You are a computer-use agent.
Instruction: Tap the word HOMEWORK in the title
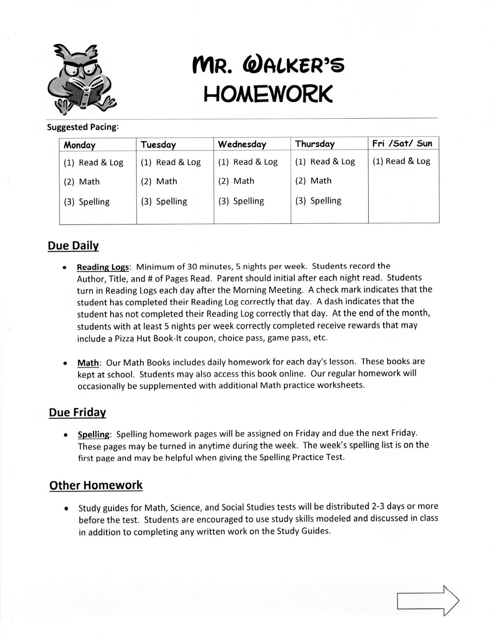coord(268,94)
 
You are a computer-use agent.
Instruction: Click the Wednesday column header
coord(242,144)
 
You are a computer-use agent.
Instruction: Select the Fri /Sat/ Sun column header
coord(402,143)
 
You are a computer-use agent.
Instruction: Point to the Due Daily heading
coord(73,246)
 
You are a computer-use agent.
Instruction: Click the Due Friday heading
coord(77,412)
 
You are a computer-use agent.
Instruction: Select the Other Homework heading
coord(96,485)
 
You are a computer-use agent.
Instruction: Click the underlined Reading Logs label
coord(103,267)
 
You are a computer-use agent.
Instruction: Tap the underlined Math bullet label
coord(88,363)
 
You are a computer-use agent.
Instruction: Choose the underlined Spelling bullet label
coord(93,435)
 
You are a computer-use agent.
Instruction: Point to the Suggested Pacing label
coord(83,127)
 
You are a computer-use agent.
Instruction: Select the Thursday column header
coord(315,144)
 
